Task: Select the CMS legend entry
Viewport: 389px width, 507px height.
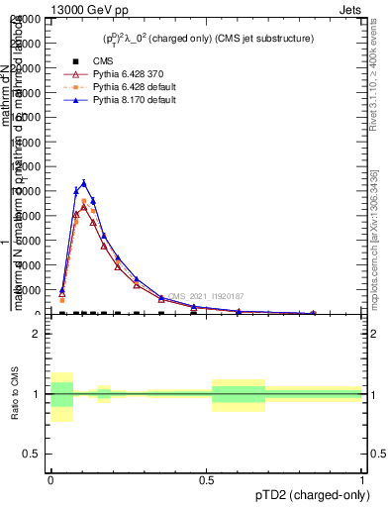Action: coord(87,61)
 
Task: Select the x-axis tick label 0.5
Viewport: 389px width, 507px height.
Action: coord(206,479)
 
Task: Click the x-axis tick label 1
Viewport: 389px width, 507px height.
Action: coord(363,479)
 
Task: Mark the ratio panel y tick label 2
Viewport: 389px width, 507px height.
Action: coord(35,334)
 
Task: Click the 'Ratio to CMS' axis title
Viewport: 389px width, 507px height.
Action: coord(14,394)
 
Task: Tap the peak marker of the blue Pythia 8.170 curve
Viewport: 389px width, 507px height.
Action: coord(84,182)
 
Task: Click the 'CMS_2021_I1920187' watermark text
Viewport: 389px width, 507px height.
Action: coord(206,296)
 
